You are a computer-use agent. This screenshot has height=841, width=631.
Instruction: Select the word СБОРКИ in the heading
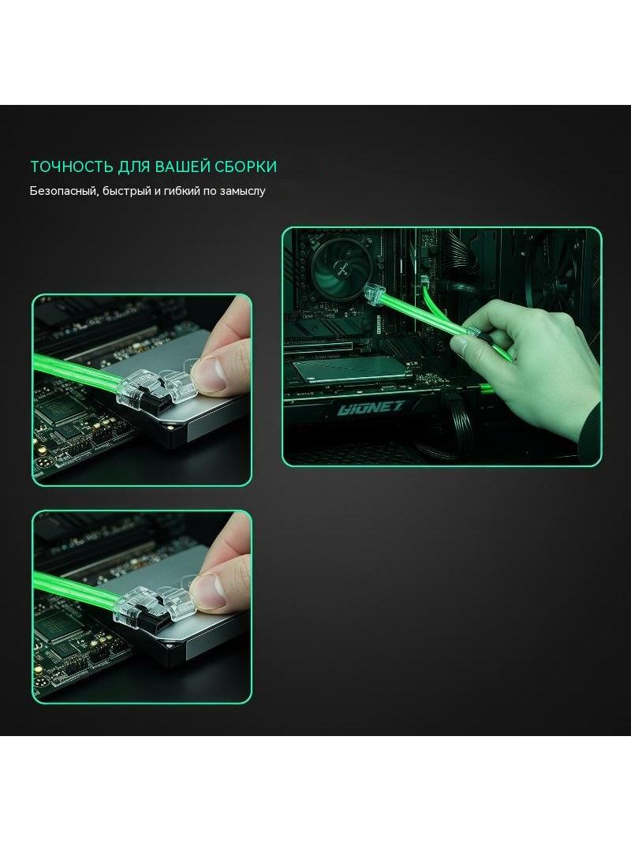point(245,166)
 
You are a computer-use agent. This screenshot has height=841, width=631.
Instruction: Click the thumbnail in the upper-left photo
point(211,372)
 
